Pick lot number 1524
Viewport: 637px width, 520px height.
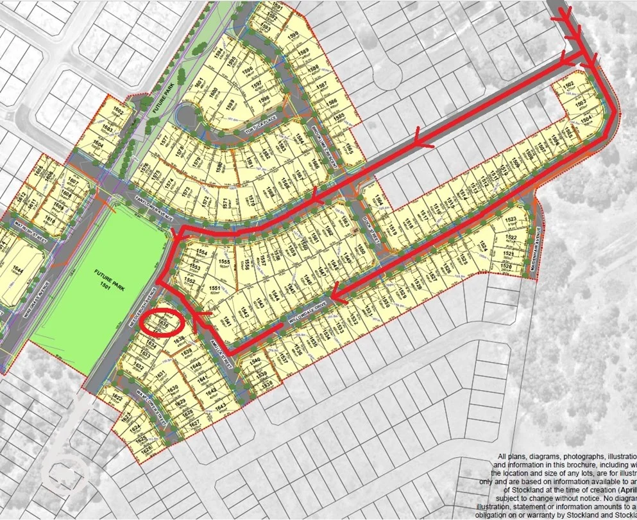(483, 246)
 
